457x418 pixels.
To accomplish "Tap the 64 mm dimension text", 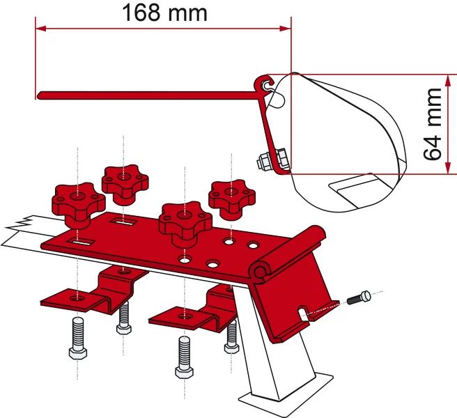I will point(433,123).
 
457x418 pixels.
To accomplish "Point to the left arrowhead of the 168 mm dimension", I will point(40,29).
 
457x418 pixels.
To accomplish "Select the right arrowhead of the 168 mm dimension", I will point(286,29).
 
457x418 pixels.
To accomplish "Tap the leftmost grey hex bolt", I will point(77,342).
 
